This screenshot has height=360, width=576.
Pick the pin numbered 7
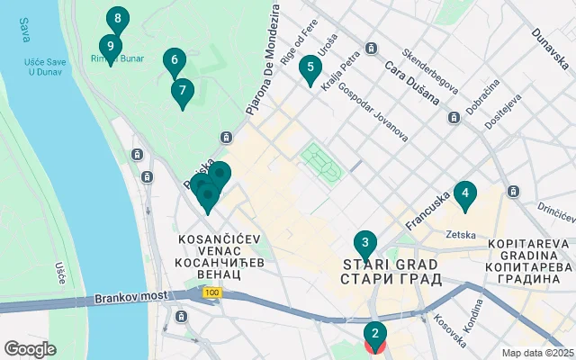coord(183,91)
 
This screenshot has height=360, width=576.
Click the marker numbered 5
coord(310,67)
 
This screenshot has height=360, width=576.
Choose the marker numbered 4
coord(464,193)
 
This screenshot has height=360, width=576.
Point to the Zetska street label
coord(460,234)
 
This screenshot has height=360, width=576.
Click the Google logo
coord(30,349)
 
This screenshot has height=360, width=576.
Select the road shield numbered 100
coord(211,292)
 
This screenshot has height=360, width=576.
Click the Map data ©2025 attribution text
coord(536,353)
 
